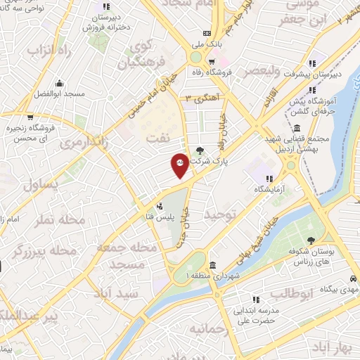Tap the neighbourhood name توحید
point(217,216)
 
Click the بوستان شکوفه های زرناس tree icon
point(311,222)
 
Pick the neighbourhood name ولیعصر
point(257,70)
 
